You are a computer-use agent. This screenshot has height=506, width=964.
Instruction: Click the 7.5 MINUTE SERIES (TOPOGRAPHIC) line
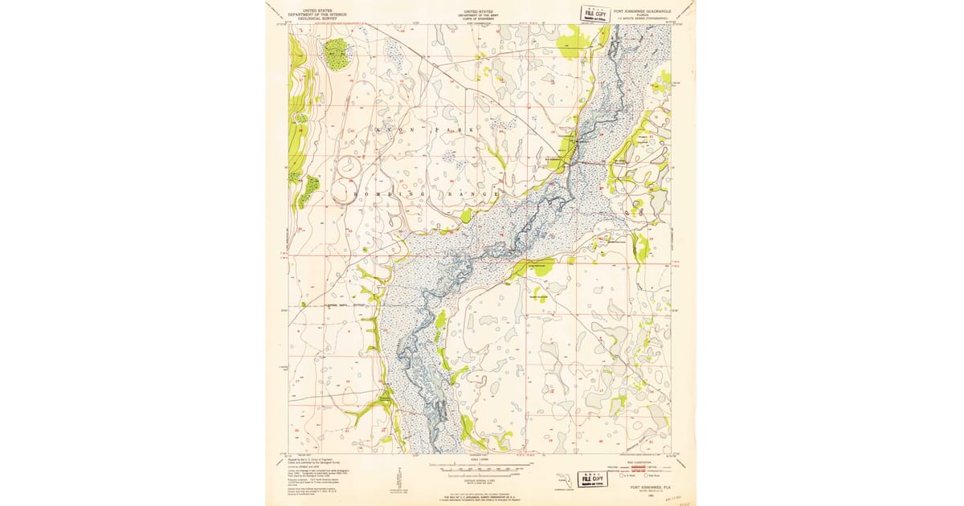pyautogui.click(x=645, y=19)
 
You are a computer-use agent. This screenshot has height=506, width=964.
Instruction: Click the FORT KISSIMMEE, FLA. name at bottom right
pyautogui.click(x=652, y=487)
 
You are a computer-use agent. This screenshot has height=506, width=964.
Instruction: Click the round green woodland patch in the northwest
pyautogui.click(x=337, y=54)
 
